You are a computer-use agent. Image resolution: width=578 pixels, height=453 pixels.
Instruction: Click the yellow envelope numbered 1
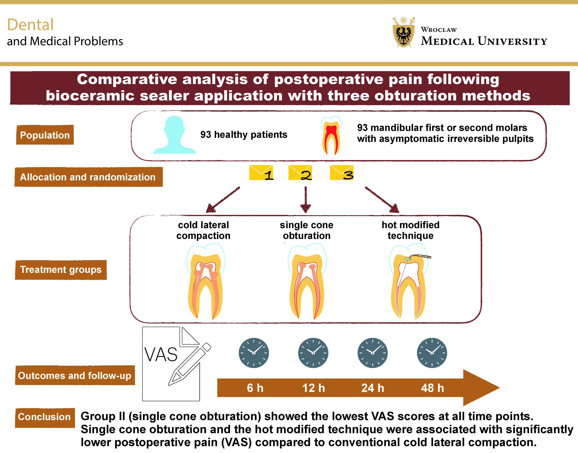[261, 173]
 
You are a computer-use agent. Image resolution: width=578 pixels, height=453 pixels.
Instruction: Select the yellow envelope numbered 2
[300, 173]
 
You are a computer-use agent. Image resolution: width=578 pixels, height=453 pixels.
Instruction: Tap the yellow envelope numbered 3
[342, 173]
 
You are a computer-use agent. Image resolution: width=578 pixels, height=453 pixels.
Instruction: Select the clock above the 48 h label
[432, 353]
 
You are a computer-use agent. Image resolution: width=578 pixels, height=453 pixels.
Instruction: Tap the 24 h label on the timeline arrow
[373, 388]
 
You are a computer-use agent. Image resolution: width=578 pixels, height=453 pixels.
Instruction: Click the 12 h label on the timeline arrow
[314, 388]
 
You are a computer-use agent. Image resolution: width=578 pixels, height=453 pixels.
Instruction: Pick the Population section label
[45, 135]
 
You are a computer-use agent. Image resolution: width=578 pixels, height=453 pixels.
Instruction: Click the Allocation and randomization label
[88, 177]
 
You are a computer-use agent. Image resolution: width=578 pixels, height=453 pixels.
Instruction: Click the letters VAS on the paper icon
[161, 355]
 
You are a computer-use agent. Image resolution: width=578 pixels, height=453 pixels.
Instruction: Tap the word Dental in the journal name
[31, 25]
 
